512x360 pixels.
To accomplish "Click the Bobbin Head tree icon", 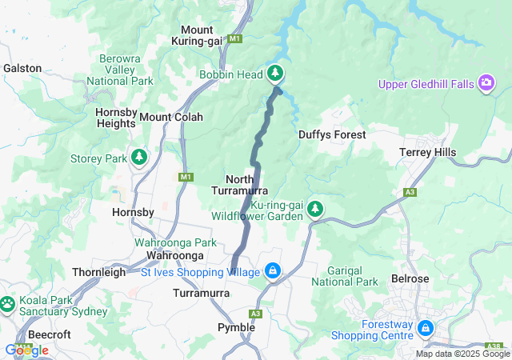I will point(275,74).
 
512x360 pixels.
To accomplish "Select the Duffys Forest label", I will point(332,135).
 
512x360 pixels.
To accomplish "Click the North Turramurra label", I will point(240,185).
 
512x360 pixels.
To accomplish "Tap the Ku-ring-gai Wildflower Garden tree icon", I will point(315,210).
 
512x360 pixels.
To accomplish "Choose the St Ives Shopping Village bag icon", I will point(274,272).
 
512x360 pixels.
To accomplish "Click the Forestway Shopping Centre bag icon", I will point(426,329).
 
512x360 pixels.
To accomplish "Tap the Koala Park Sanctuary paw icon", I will point(7,304).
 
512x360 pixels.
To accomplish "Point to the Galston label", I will point(22,68).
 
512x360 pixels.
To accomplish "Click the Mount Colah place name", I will point(171,117).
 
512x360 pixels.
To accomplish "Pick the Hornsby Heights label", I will point(115,118).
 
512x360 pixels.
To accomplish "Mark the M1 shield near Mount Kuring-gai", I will point(234,38).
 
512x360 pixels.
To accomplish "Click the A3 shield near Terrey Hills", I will point(410,193).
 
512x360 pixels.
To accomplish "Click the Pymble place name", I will point(237,327).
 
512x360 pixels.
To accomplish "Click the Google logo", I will point(26,350).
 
